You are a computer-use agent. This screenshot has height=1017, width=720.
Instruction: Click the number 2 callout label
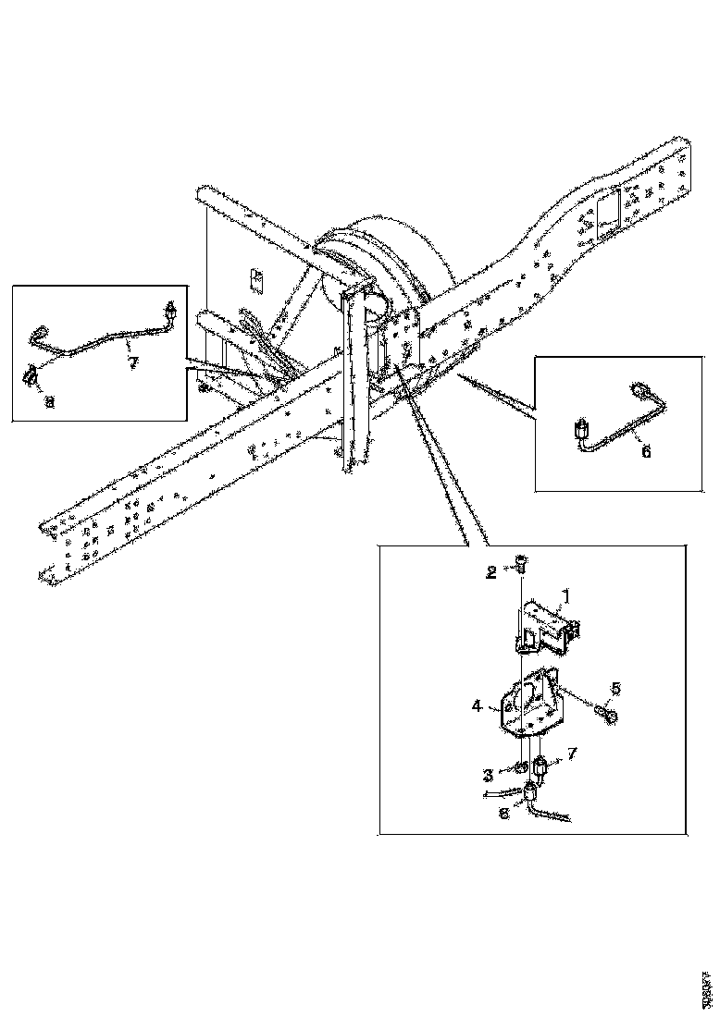point(492,572)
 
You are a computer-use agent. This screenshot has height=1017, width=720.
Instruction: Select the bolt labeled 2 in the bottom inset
point(520,562)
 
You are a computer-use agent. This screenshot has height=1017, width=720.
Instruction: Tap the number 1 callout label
point(566,598)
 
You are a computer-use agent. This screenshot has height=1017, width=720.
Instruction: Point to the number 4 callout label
point(477,705)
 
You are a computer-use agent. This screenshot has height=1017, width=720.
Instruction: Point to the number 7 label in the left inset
point(132,361)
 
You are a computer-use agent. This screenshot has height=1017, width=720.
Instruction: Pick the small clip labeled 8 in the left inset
point(31,374)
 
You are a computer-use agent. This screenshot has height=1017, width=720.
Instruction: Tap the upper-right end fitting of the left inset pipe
point(169,309)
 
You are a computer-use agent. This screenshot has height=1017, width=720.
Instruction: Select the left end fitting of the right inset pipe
point(581,430)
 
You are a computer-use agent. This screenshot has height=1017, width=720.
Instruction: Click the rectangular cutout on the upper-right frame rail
point(609,212)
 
